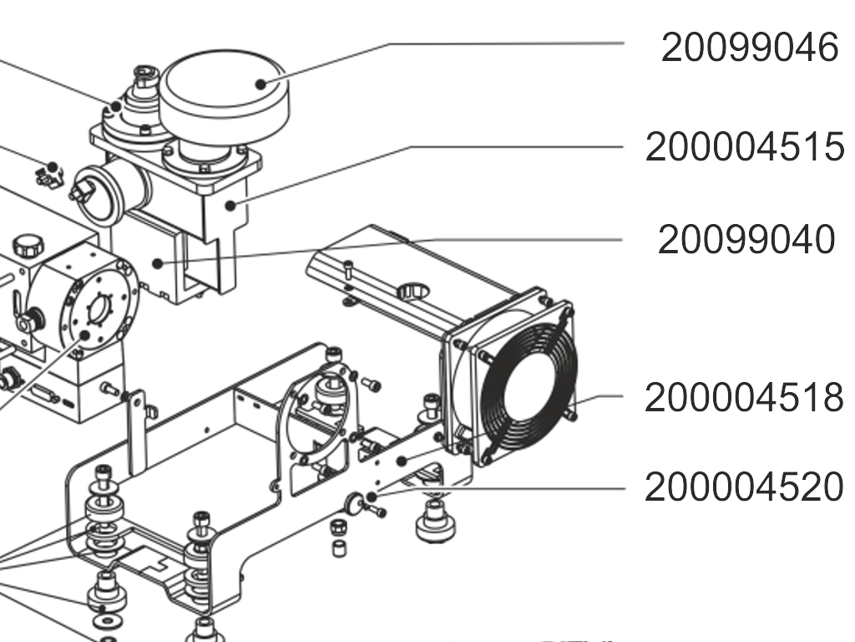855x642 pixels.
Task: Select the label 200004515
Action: click(744, 147)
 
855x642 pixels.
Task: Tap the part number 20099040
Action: click(746, 240)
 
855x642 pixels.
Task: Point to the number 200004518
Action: click(744, 397)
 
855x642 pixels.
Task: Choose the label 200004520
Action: click(744, 487)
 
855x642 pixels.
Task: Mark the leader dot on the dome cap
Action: click(261, 83)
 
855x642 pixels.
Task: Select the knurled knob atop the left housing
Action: click(28, 247)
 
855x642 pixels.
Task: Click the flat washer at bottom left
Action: click(107, 622)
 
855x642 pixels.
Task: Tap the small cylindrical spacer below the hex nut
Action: click(339, 548)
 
